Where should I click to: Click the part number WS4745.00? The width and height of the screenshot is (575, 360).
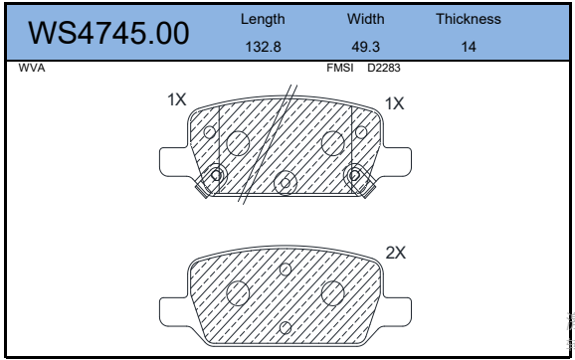tap(108, 34)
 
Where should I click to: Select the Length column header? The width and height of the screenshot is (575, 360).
tap(263, 20)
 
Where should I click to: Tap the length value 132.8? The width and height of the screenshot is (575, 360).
tap(263, 47)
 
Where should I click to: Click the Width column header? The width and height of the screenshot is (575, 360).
tap(366, 19)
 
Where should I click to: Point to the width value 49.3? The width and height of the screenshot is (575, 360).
tap(366, 47)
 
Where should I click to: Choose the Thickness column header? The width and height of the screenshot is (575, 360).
tap(469, 19)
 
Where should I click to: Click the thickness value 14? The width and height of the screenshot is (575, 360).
tap(469, 47)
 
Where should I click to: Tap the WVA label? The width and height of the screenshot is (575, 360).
tap(32, 69)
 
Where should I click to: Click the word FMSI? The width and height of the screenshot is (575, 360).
tap(340, 69)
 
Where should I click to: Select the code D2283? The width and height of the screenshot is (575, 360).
tap(384, 69)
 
